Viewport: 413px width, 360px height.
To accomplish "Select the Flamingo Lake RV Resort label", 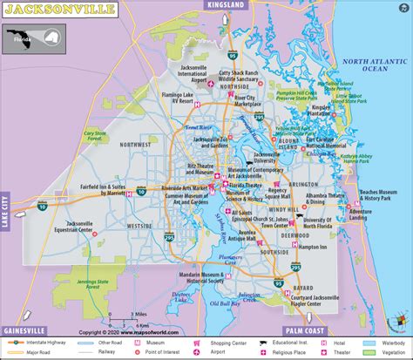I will pyautogui.click(x=179, y=98).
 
